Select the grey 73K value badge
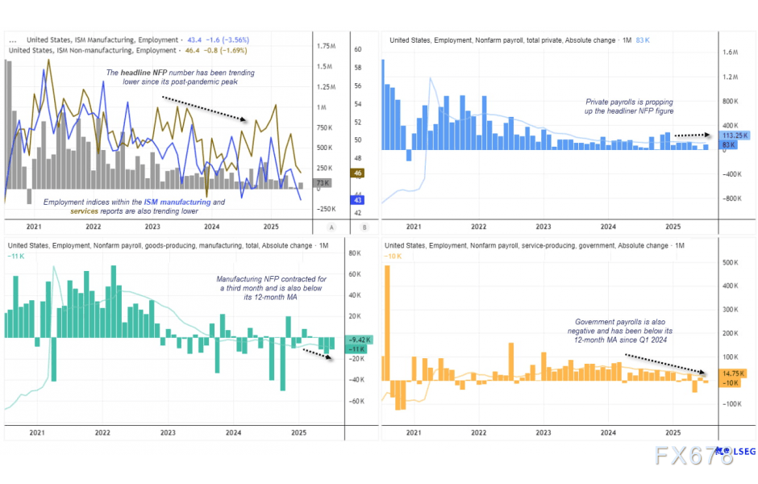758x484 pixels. point(323,184)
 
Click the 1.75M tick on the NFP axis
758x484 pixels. point(327,47)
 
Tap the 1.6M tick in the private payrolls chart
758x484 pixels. point(731,52)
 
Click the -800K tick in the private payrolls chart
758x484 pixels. point(731,198)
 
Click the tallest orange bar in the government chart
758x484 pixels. point(387,323)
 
